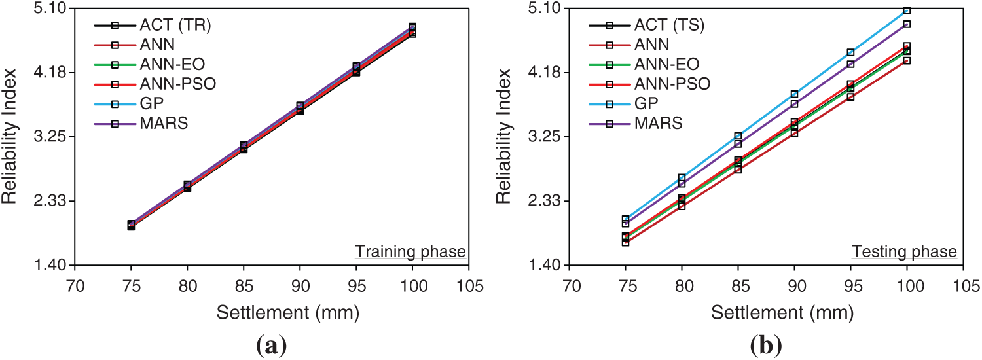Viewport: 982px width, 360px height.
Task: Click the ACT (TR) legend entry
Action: click(175, 26)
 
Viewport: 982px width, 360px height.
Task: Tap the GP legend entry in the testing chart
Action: click(646, 103)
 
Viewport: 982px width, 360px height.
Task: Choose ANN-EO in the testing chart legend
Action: click(666, 64)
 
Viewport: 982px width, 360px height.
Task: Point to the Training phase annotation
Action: click(410, 251)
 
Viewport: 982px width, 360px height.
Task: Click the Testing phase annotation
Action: click(904, 251)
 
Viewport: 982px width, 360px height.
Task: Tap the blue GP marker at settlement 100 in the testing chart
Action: click(907, 10)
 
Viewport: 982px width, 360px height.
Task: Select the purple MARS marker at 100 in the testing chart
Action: click(907, 24)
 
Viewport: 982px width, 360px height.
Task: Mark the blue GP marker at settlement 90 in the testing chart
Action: click(794, 94)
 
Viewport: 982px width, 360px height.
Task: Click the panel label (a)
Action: click(270, 343)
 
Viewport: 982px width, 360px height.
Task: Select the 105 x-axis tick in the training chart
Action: click(469, 287)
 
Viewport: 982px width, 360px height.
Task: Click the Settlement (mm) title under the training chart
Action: click(288, 313)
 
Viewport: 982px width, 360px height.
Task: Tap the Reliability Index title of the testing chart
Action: click(505, 136)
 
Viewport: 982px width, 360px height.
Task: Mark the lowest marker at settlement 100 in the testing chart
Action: click(907, 60)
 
